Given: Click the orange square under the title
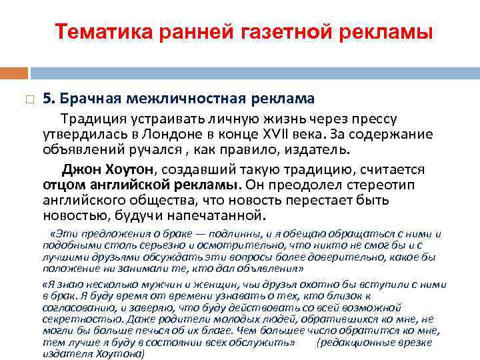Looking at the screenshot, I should pyautogui.click(x=14, y=73).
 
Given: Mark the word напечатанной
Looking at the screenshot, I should pyautogui.click(x=217, y=216).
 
